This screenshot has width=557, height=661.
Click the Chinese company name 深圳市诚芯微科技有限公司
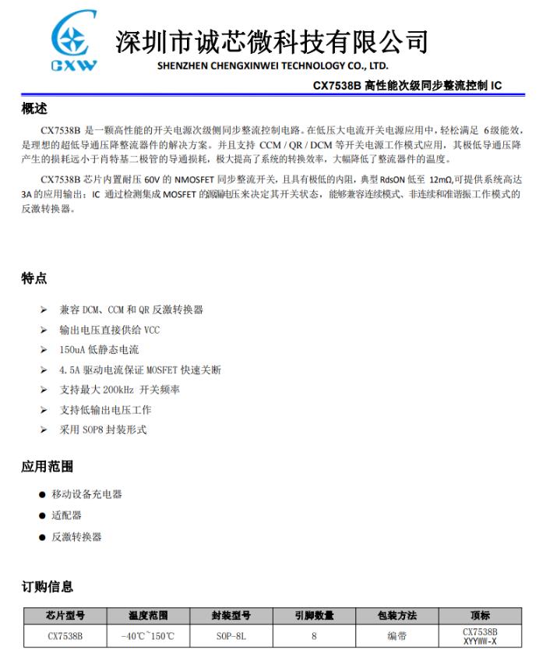[x=272, y=41]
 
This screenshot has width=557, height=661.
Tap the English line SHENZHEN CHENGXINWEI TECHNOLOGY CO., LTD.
[x=272, y=65]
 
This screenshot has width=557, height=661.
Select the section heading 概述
[x=34, y=109]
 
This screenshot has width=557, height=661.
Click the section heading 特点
[x=34, y=278]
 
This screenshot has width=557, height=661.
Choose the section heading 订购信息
[x=48, y=586]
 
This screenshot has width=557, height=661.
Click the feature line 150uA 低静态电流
[x=99, y=350]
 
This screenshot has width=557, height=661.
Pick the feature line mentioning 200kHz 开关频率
[x=119, y=390]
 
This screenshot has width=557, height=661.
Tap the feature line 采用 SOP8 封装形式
[x=103, y=429]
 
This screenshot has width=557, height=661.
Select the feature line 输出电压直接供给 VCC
[x=110, y=330]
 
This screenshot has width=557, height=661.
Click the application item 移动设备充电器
[x=86, y=494]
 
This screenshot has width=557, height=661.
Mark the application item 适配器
[x=66, y=515]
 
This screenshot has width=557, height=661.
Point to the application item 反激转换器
[x=76, y=536]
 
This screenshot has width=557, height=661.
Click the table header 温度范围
[x=148, y=616]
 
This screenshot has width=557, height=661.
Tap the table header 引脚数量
[x=314, y=616]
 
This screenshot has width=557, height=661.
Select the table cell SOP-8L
[x=231, y=636]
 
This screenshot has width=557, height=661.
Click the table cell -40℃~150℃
[x=148, y=636]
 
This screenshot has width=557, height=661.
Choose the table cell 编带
[x=397, y=636]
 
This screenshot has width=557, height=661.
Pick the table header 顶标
[x=480, y=616]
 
